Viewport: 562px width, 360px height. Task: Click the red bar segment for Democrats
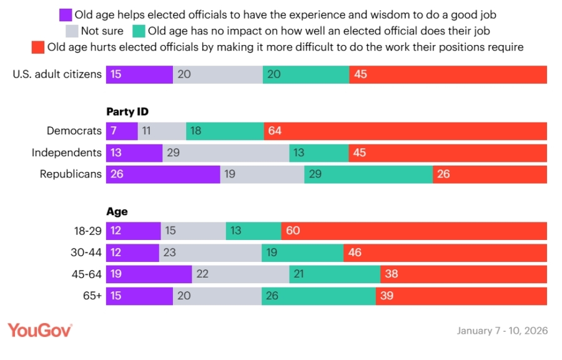tap(406, 131)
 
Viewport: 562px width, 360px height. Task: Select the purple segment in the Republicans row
tap(163, 174)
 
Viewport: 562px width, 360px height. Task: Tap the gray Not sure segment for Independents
tap(225, 153)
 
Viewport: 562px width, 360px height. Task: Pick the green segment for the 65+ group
tap(318, 296)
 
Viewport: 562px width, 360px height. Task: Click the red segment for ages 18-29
tap(414, 231)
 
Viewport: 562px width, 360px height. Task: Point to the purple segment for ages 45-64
tap(149, 274)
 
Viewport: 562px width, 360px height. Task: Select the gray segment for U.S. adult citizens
tap(217, 74)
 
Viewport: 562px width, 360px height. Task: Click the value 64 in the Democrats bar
tap(275, 131)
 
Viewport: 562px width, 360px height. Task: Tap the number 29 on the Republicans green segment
tap(315, 174)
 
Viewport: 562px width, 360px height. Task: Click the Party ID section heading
tap(127, 112)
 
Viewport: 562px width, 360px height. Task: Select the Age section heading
tap(117, 212)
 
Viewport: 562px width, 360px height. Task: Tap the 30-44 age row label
tap(87, 252)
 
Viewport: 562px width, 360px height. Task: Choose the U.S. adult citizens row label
tap(57, 74)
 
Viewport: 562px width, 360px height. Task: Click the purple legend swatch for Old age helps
tap(65, 14)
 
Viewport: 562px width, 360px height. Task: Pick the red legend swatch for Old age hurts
tap(37, 47)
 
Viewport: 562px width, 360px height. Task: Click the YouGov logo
tap(40, 330)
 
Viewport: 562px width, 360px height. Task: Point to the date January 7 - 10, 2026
tap(502, 331)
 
